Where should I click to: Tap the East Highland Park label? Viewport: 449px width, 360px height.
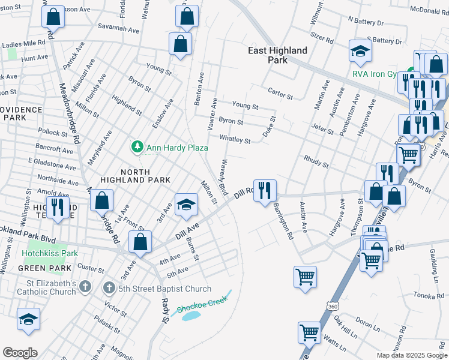[x=277, y=55]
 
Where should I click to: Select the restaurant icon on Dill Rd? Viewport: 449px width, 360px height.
[x=265, y=190]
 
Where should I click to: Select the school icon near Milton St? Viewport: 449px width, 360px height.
[x=186, y=204]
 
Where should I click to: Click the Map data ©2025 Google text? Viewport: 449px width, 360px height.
[x=412, y=355]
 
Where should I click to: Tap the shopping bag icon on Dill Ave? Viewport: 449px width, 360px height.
[x=140, y=242]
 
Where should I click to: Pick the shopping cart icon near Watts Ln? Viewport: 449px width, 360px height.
[x=309, y=331]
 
